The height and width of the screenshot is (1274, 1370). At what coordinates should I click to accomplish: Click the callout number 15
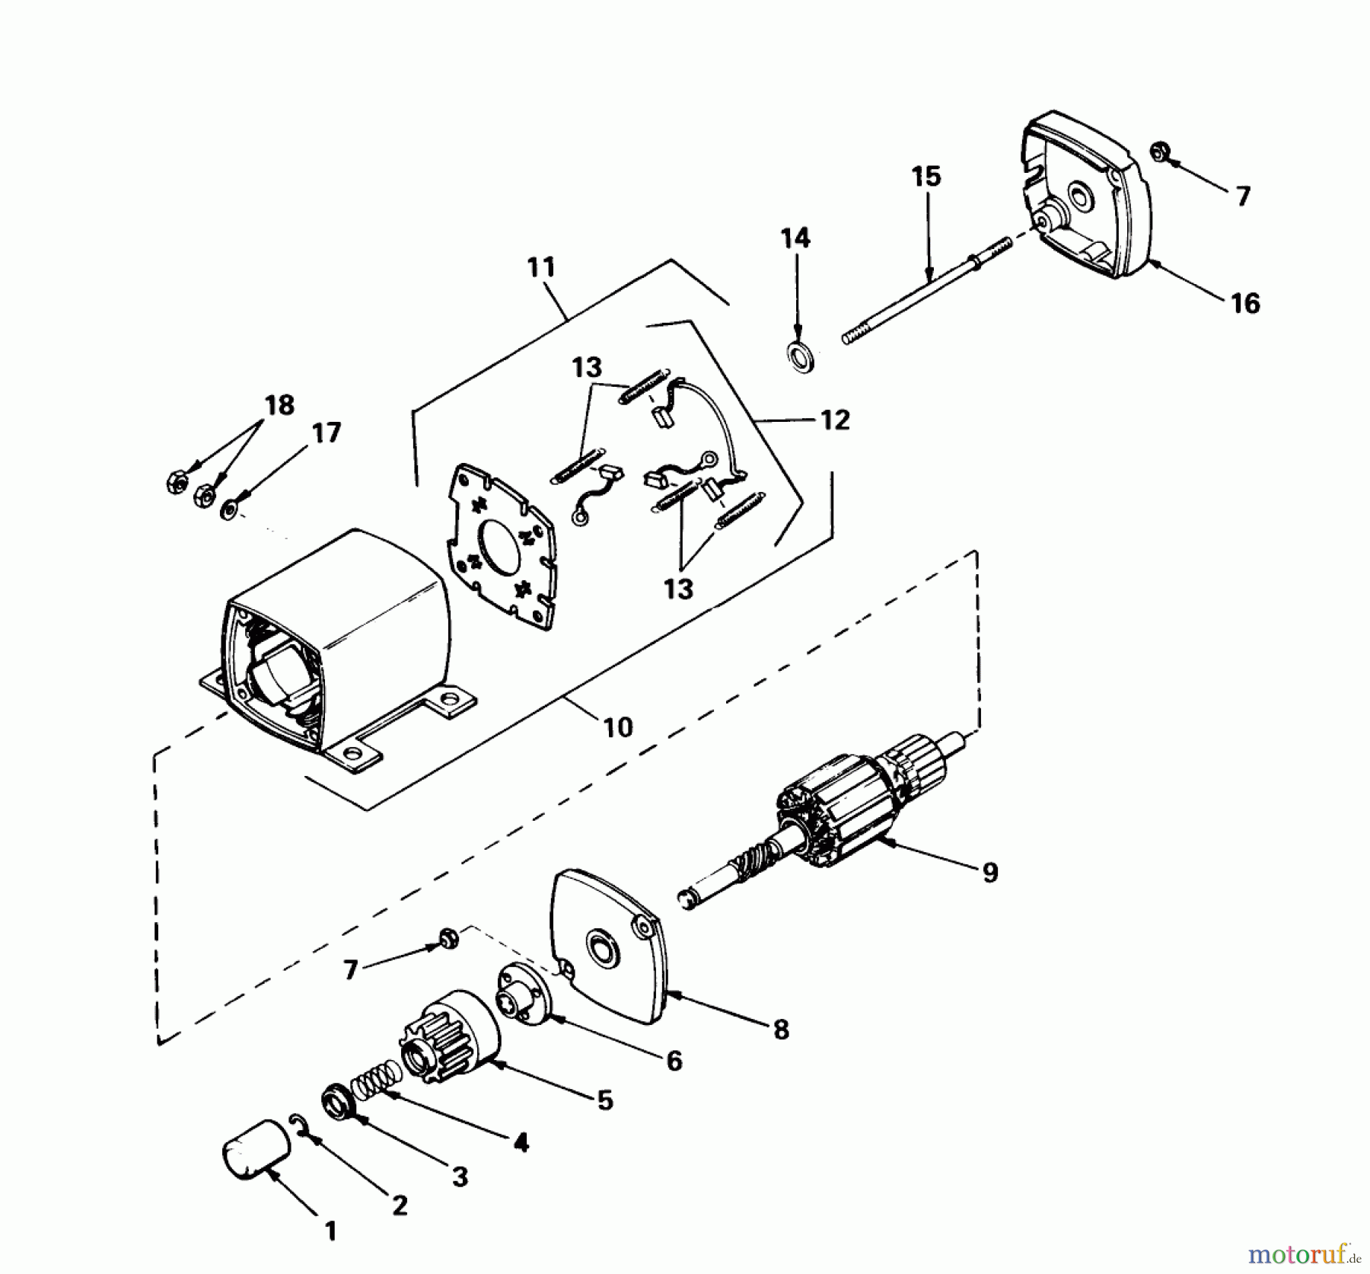(926, 177)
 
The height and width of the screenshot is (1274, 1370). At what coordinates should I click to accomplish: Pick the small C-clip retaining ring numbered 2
(299, 1122)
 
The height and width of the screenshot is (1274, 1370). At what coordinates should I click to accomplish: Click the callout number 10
(618, 727)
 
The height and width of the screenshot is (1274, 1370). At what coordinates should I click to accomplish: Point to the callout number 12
(835, 420)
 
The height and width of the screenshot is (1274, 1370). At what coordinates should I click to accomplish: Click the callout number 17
(327, 433)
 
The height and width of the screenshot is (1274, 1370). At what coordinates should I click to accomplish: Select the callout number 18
(279, 405)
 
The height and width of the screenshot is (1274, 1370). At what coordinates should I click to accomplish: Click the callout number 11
(541, 268)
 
